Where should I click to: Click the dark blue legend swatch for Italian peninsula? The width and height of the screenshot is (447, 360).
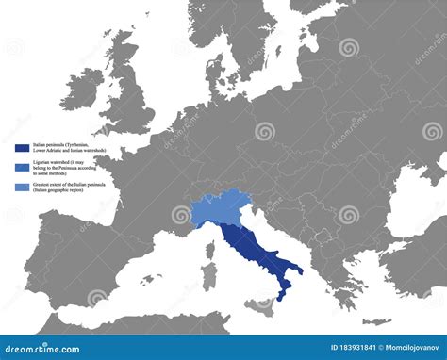click(21, 148)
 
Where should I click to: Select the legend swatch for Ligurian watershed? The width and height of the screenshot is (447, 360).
click(21, 166)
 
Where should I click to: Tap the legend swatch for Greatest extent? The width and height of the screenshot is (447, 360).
click(21, 185)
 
